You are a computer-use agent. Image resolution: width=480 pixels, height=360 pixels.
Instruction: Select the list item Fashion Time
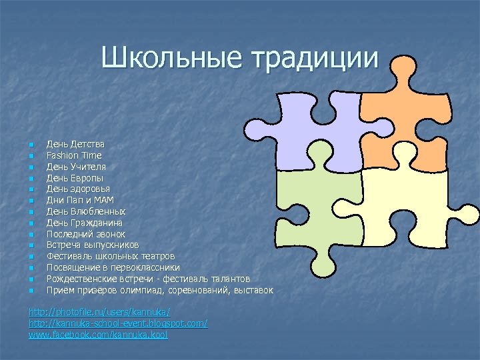tap(74, 155)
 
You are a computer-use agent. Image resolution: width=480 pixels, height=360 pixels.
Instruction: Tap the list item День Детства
tap(75, 143)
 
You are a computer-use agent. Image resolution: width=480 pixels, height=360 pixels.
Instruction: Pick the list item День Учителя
tap(76, 166)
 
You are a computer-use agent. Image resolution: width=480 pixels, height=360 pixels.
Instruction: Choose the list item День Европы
tap(75, 178)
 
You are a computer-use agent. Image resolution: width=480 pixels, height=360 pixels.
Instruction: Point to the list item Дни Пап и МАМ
tap(80, 199)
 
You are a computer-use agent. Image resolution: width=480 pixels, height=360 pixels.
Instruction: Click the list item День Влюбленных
tap(86, 211)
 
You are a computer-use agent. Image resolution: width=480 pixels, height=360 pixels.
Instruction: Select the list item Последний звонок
tap(86, 234)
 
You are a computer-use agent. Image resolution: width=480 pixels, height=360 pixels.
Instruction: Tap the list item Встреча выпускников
tap(93, 245)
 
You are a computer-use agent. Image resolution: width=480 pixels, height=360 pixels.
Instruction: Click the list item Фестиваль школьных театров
tap(111, 257)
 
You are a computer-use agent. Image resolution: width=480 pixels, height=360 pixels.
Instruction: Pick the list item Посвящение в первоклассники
tap(113, 268)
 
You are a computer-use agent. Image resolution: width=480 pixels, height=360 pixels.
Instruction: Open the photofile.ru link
tap(99, 312)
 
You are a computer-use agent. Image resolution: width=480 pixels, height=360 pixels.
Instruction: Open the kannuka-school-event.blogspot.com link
tap(118, 323)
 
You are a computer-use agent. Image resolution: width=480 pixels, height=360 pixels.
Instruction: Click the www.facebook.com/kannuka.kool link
tap(98, 335)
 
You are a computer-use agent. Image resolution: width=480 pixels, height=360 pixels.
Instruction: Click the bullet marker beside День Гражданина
tap(31, 223)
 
